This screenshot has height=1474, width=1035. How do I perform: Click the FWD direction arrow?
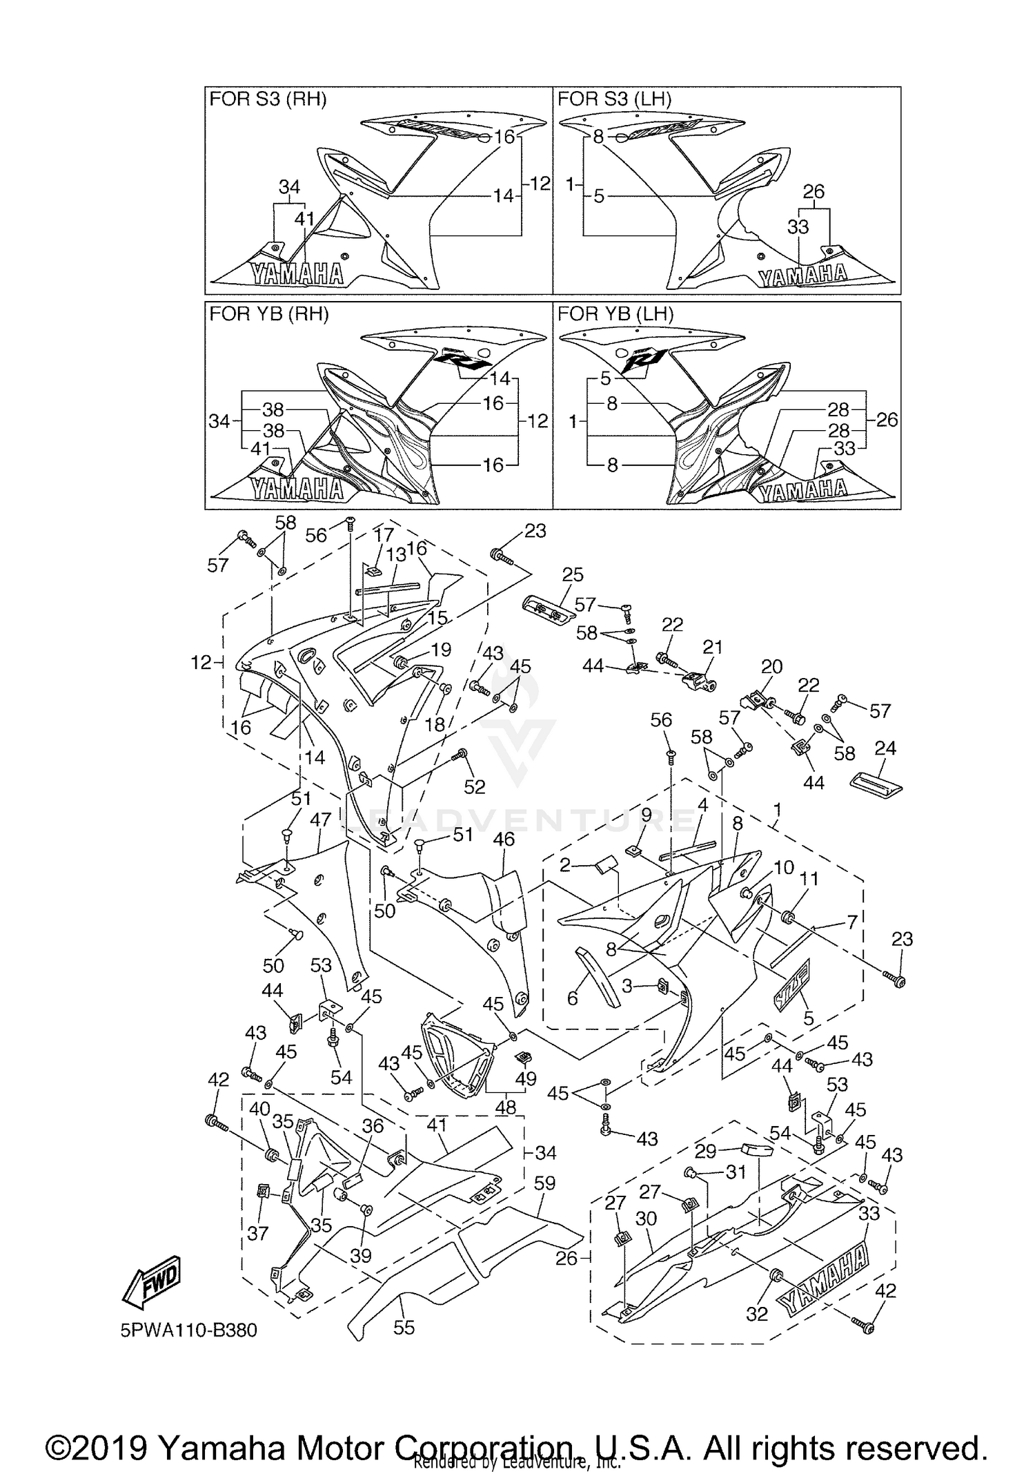pyautogui.click(x=151, y=1283)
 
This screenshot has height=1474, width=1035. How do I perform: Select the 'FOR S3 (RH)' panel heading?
pyautogui.click(x=268, y=99)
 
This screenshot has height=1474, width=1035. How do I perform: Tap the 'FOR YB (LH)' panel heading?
pyautogui.click(x=615, y=314)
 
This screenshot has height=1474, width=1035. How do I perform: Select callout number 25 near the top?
pyautogui.click(x=573, y=574)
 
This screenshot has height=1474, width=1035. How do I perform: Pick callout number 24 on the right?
pyautogui.click(x=885, y=748)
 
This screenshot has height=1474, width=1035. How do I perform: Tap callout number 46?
pyautogui.click(x=504, y=839)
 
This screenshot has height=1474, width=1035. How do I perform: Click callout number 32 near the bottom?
pyautogui.click(x=757, y=1314)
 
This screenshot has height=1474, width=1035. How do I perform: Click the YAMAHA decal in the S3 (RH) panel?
pyautogui.click(x=298, y=274)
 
